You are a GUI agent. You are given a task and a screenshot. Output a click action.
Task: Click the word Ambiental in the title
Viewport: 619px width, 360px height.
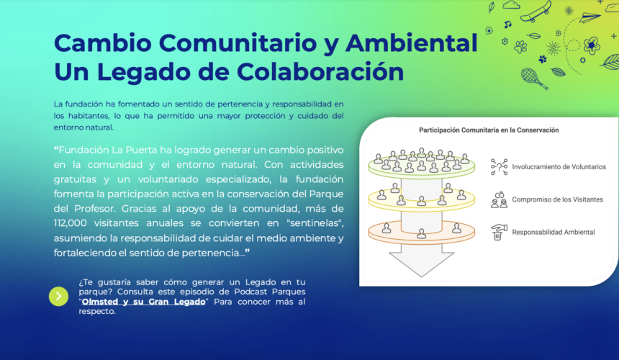tap(412, 42)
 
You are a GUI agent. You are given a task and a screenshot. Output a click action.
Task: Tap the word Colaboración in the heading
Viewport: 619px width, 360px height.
tap(320, 72)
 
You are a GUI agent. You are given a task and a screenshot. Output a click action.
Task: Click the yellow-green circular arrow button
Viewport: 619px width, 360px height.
tap(58, 296)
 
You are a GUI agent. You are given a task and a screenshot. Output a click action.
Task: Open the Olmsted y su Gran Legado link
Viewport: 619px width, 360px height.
tap(143, 302)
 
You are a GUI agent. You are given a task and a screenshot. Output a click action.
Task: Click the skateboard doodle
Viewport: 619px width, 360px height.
tap(536, 12)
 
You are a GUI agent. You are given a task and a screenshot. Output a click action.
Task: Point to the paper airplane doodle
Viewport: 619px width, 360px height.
tap(590, 17)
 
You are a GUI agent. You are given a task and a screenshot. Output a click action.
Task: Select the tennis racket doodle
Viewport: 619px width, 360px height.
tap(534, 78)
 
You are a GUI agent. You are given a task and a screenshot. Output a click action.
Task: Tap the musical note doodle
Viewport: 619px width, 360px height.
tap(507, 24)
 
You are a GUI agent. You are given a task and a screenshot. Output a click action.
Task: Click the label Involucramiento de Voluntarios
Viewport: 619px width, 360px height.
tap(559, 167)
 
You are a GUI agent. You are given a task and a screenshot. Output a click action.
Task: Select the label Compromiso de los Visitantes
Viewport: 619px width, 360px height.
tap(557, 199)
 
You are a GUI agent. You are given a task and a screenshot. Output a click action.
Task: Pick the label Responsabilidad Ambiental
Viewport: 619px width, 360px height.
tap(553, 232)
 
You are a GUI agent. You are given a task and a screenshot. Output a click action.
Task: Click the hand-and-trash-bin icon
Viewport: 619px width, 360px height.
tap(499, 232)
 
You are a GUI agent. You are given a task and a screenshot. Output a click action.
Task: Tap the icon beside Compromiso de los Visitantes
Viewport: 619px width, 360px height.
tap(499, 199)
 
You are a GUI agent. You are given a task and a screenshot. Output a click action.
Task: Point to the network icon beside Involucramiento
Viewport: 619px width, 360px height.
tap(499, 167)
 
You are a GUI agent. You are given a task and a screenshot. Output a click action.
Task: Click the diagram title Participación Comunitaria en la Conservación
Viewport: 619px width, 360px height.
tap(489, 130)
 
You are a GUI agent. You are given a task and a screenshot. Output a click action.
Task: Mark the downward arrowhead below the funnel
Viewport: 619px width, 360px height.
tap(421, 264)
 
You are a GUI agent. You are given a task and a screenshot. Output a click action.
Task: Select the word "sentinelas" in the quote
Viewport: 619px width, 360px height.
tap(315, 223)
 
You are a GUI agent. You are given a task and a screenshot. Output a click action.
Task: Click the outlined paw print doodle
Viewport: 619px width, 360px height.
tap(520, 47)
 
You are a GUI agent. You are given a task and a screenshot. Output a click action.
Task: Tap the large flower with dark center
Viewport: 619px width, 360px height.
tap(592, 45)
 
